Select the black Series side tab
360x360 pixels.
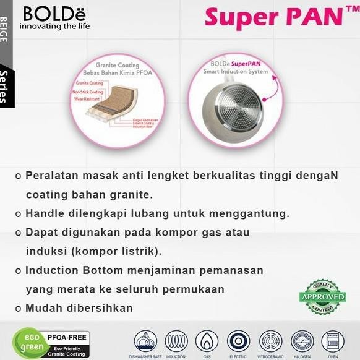(6, 87)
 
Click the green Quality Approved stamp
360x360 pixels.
(322, 297)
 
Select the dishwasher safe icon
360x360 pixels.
(146, 340)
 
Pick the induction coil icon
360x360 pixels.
(176, 340)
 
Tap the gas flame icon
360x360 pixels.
(207, 340)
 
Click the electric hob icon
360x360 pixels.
(238, 340)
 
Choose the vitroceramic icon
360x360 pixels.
(270, 340)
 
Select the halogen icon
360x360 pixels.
(302, 340)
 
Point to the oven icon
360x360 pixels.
(333, 340)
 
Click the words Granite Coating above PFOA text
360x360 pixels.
(118, 65)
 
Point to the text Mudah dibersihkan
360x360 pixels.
(79, 307)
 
